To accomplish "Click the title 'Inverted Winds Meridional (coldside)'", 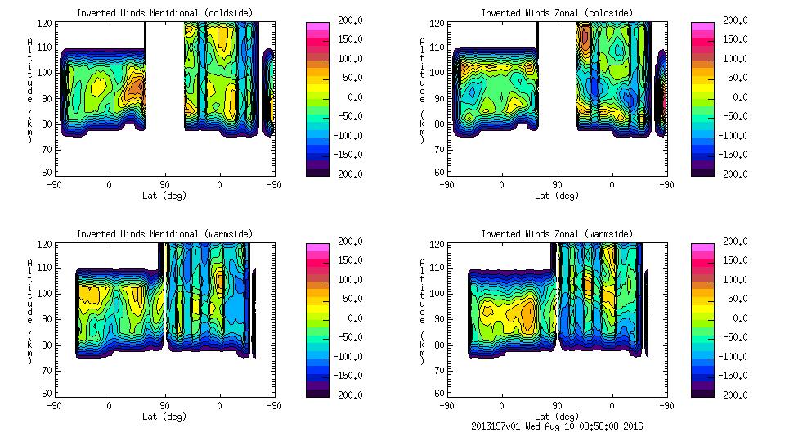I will pyautogui.click(x=164, y=13).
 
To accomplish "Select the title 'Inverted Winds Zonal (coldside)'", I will pyautogui.click(x=557, y=13).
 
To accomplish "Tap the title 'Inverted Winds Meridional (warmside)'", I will pyautogui.click(x=164, y=234).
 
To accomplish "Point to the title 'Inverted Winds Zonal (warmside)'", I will pyautogui.click(x=557, y=234).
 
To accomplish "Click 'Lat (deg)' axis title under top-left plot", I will pyautogui.click(x=164, y=196).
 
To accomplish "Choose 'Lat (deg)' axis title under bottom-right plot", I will pyautogui.click(x=557, y=416).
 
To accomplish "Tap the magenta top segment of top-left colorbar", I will pyautogui.click(x=318, y=25).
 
